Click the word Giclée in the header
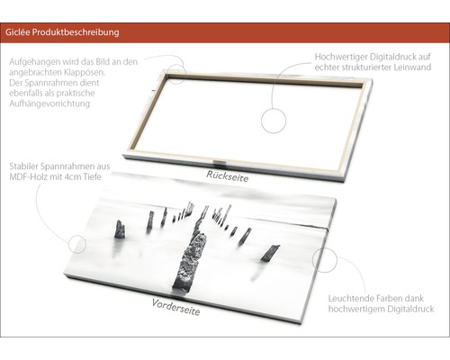pyautogui.click(x=17, y=32)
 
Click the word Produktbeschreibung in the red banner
pyautogui.click(x=76, y=32)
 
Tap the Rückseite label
pyautogui.click(x=228, y=176)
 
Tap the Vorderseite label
pyautogui.click(x=175, y=307)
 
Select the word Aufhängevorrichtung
pyautogui.click(x=49, y=103)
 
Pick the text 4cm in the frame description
pyautogui.click(x=73, y=176)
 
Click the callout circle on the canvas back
pyautogui.click(x=274, y=121)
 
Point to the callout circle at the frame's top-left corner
pyautogui.click(x=176, y=73)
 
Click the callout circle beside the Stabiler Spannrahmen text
pyautogui.click(x=77, y=244)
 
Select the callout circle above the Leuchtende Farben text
pyautogui.click(x=325, y=260)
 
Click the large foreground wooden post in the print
pyautogui.click(x=188, y=262)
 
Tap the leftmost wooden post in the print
pyautogui.click(x=120, y=229)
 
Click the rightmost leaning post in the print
pyautogui.click(x=270, y=253)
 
